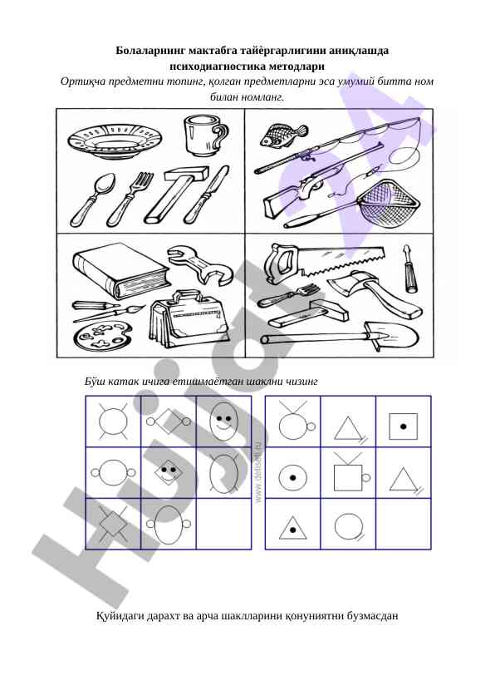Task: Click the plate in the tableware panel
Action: [115, 140]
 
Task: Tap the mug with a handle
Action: [204, 136]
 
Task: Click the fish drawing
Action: [283, 135]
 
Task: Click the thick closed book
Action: [121, 270]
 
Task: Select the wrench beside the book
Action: [200, 265]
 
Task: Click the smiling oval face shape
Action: [223, 421]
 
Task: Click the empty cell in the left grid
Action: [224, 524]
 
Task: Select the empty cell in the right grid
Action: [404, 524]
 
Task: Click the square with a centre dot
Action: [403, 426]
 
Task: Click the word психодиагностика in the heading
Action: [218, 66]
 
